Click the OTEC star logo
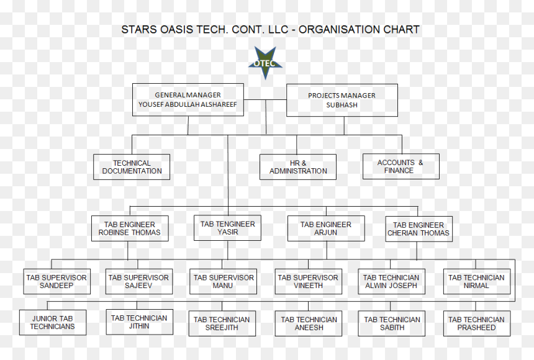[x=265, y=63]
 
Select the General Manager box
[x=188, y=100]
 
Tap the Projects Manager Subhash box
[x=342, y=100]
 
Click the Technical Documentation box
[x=132, y=167]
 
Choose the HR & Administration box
[x=298, y=167]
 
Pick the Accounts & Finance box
[x=401, y=166]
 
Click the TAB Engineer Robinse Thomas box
[x=130, y=228]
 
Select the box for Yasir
[x=227, y=228]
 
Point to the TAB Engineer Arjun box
[x=326, y=228]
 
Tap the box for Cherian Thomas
[x=419, y=229]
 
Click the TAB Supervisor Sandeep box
[x=57, y=282]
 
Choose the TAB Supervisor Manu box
[x=223, y=282]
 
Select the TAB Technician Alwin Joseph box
[x=391, y=282]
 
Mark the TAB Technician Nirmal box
[x=477, y=282]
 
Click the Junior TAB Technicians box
[x=53, y=323]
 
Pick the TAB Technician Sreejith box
[x=222, y=323]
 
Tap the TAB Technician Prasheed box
[x=477, y=323]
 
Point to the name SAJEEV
[x=138, y=286]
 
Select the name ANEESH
[x=309, y=328]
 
